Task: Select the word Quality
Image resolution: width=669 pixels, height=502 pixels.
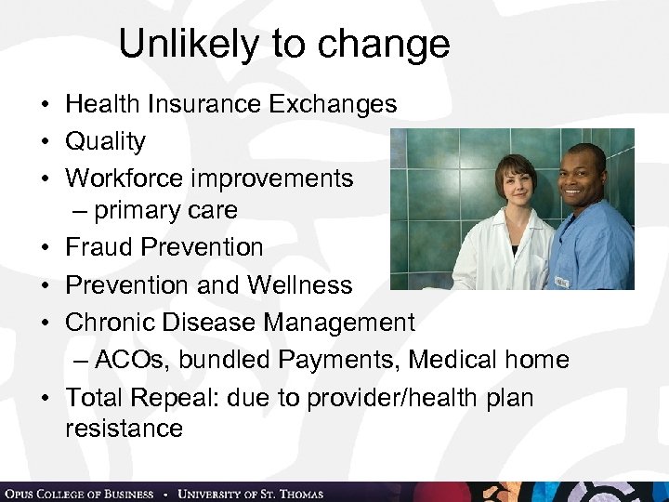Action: point(105,142)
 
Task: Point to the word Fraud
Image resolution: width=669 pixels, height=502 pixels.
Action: point(98,247)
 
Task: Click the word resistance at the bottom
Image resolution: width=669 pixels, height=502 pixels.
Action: point(124,429)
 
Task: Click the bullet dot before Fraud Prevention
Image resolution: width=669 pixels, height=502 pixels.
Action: point(46,248)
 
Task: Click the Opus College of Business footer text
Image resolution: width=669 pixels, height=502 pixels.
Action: point(78,494)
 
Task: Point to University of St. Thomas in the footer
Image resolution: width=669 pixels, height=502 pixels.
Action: point(250,494)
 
